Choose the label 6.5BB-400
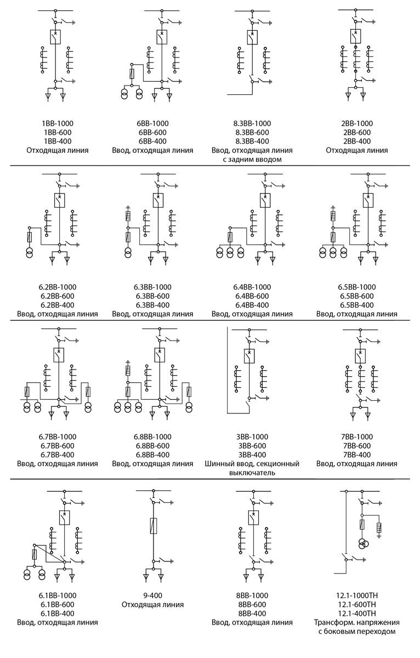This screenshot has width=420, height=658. click(356, 305)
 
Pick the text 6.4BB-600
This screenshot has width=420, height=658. click(252, 296)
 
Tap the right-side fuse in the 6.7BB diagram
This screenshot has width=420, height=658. click(88, 392)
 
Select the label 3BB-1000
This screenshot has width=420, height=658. click(251, 437)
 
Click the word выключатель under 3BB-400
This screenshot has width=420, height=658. click(252, 472)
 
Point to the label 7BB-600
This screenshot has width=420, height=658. click(356, 446)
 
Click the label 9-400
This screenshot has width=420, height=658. click(152, 595)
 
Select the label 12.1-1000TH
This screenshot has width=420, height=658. click(356, 595)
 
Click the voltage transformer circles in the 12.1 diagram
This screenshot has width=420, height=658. click(363, 543)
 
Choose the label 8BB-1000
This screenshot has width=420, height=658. click(252, 595)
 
